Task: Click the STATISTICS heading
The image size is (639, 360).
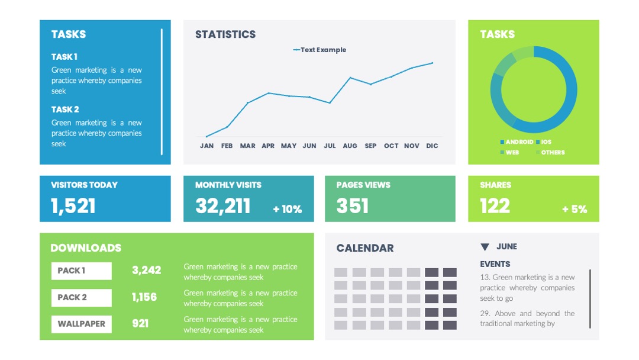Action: point(225,34)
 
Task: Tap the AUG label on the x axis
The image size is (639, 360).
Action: point(350,146)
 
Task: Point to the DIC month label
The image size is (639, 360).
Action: point(432,146)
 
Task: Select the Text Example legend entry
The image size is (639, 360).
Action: point(319,50)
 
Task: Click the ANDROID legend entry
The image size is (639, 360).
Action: point(517,142)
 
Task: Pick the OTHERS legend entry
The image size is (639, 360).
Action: point(550,153)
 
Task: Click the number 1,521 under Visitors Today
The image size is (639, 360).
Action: point(73,206)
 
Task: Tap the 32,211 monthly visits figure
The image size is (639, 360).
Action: point(223,206)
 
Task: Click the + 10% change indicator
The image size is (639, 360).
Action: point(288,209)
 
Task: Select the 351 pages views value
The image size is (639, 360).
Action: point(353,206)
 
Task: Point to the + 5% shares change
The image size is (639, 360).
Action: point(575,209)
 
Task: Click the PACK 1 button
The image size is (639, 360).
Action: point(82,271)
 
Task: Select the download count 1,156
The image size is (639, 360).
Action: point(144,297)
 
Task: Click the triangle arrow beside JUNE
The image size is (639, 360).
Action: point(485,247)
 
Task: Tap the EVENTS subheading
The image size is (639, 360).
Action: point(495,264)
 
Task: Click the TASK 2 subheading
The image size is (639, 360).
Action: point(65,110)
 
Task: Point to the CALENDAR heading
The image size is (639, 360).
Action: point(365,248)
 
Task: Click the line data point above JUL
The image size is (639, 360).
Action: point(330,103)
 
